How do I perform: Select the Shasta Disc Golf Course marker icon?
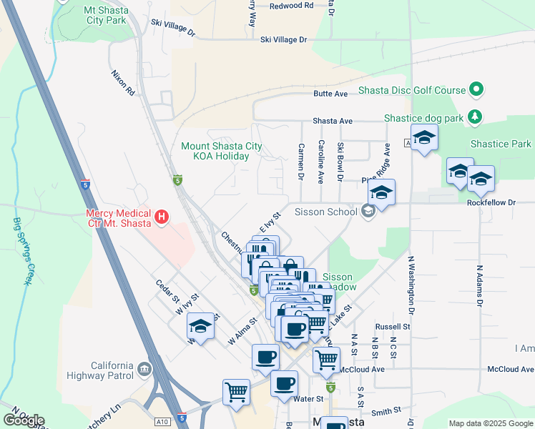pos(476,90)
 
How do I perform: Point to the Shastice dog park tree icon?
pos(473,116)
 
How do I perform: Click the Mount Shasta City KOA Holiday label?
pos(221,151)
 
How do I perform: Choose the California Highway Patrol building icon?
pos(145,369)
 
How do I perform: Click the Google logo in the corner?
pos(24,420)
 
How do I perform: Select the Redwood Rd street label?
pos(291,6)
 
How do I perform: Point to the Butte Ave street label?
pos(330,94)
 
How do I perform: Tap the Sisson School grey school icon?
pos(368,211)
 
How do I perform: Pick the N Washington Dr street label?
pos(411,285)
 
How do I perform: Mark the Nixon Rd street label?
pos(123,82)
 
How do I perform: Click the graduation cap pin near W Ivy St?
pos(201,327)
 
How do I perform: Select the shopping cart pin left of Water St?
pos(236,391)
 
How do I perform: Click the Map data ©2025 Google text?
pos(491,423)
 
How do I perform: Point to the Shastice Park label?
pos(501,144)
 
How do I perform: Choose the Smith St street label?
pos(386,411)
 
